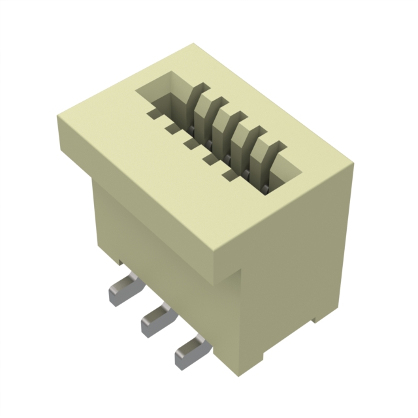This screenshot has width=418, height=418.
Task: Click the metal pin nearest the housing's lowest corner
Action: point(189,351)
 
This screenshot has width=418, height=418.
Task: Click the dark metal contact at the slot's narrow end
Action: point(266,188)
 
